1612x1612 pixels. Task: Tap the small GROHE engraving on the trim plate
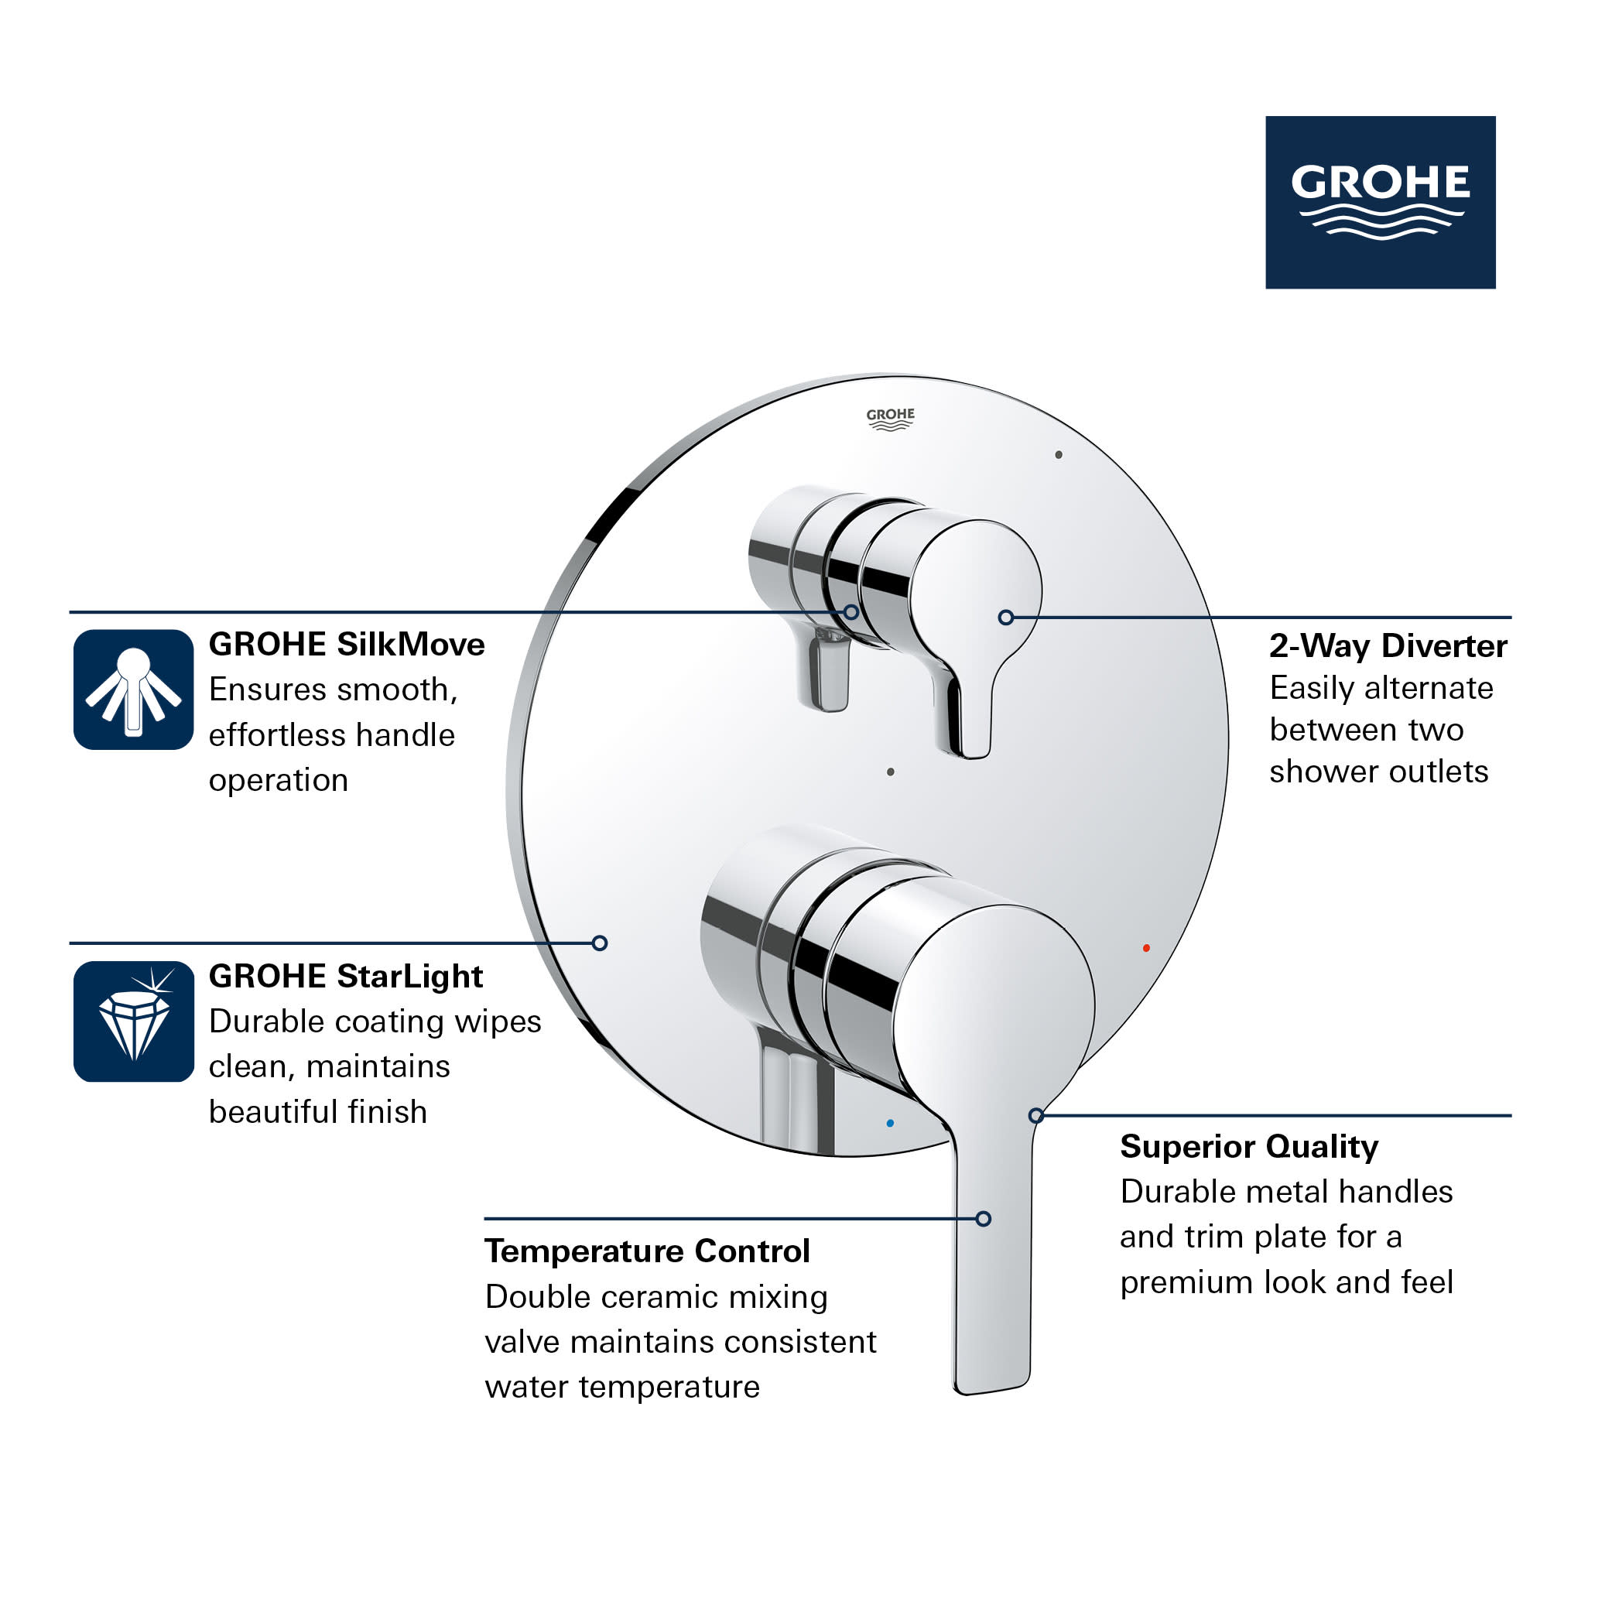tap(890, 419)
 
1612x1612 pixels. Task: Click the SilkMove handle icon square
tap(134, 690)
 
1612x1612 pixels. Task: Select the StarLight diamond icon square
tap(134, 1022)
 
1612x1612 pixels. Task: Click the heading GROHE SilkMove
tap(346, 645)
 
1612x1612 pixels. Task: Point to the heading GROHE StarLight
tap(345, 976)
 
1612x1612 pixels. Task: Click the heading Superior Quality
tap(1248, 1146)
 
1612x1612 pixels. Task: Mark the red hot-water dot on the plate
tap(1146, 948)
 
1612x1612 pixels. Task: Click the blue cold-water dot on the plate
tap(890, 1123)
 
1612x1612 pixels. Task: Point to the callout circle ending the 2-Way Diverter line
tap(1005, 618)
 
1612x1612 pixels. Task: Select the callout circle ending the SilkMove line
tap(851, 612)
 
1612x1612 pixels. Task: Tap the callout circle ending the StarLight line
tap(599, 943)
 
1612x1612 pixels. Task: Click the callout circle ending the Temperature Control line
tap(984, 1219)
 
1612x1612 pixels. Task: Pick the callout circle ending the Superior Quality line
tap(1035, 1115)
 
